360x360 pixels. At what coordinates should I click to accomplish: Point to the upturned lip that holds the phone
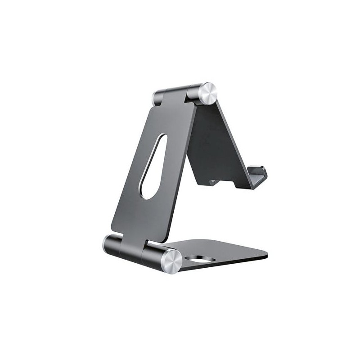[x=260, y=174]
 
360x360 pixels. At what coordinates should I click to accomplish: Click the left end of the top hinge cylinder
[x=157, y=98]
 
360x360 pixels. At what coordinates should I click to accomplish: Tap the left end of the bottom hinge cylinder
[x=108, y=245]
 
